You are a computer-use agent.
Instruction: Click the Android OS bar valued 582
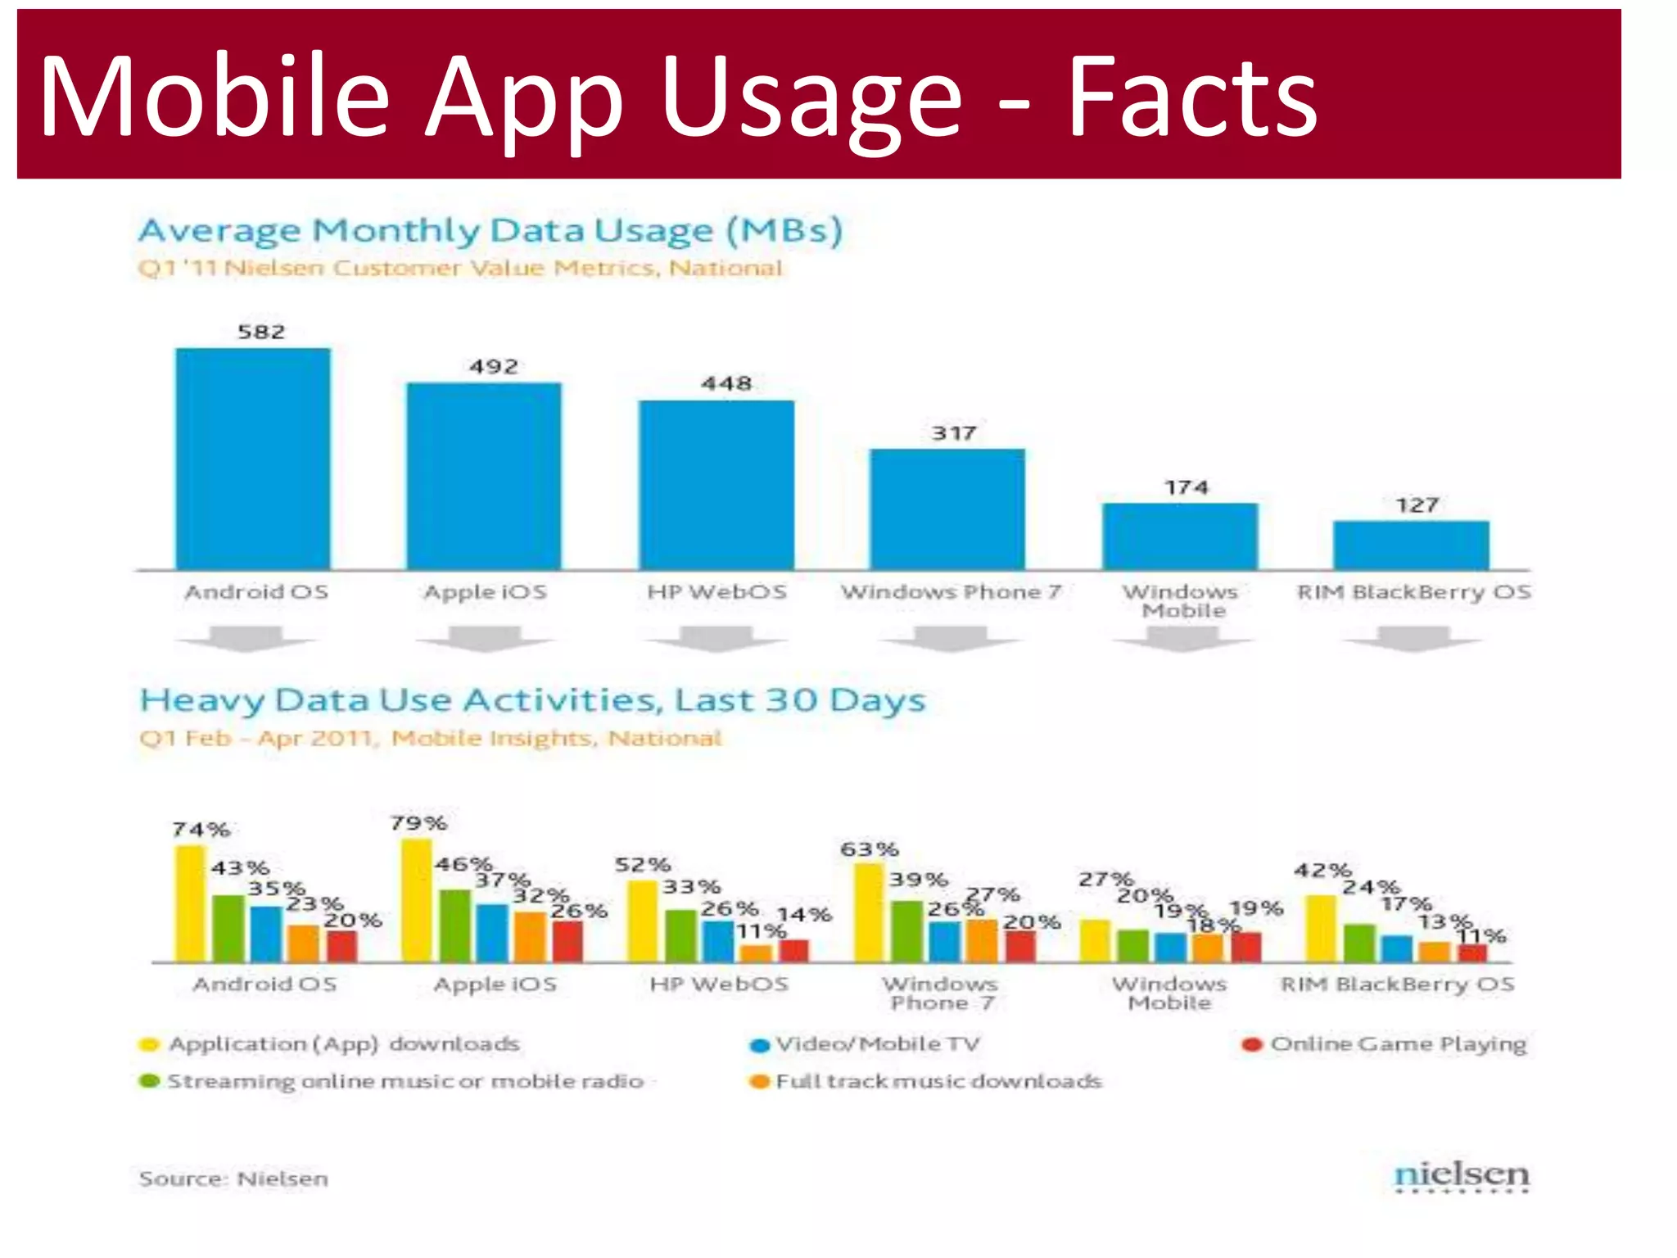(253, 459)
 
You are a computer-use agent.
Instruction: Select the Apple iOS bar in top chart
(484, 476)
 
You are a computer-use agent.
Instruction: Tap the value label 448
(726, 383)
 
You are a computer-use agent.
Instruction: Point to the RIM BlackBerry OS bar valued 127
(1411, 545)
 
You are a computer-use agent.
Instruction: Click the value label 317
(954, 432)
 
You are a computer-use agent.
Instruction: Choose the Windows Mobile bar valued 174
(1180, 536)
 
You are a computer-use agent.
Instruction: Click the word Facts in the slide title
(1191, 97)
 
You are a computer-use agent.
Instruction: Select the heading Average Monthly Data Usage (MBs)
(490, 231)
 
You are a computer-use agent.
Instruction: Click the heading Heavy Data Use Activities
(532, 700)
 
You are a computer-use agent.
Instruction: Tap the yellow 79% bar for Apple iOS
(416, 900)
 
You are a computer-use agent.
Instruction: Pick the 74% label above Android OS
(201, 829)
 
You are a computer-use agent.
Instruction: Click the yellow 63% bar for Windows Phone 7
(869, 912)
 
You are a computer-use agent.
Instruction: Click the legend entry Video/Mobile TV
(876, 1044)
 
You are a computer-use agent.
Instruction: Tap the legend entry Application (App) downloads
(343, 1044)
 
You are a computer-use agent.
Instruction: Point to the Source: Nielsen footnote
(233, 1179)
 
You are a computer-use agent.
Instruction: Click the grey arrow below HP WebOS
(716, 639)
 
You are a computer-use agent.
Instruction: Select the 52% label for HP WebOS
(643, 865)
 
